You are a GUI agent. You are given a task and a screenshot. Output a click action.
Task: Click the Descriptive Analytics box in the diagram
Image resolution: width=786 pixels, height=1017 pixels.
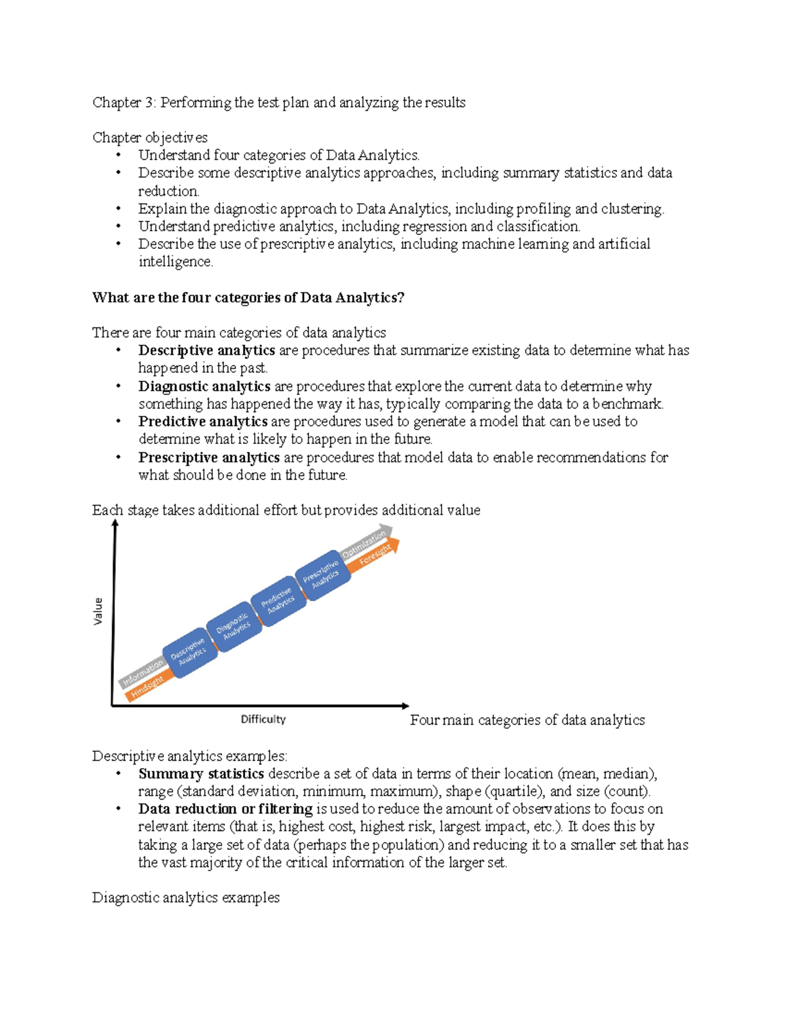[x=189, y=652]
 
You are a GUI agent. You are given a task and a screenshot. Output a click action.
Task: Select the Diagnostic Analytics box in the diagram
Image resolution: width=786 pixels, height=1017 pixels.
[x=233, y=626]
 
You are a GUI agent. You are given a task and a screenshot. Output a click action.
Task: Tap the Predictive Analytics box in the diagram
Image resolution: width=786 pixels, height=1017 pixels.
[x=278, y=601]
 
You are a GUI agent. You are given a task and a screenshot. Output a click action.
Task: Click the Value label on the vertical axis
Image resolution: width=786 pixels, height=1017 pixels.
[x=98, y=610]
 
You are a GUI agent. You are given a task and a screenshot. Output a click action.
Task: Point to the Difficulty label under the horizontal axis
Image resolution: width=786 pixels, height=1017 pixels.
[x=263, y=719]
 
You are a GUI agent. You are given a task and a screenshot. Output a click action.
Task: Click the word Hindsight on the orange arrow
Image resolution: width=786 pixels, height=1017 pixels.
[x=147, y=686]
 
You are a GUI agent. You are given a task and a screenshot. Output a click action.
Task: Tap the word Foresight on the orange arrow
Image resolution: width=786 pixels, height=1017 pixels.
[x=375, y=555]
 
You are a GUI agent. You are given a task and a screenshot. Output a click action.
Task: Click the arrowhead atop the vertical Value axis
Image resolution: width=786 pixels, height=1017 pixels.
[x=115, y=523]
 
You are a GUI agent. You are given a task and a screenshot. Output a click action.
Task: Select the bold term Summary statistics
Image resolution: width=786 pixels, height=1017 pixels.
[x=200, y=774]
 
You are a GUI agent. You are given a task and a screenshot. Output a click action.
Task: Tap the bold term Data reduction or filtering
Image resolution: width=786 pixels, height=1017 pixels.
[x=225, y=809]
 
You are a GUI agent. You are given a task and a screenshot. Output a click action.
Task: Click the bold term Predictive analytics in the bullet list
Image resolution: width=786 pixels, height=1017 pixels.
[x=202, y=422]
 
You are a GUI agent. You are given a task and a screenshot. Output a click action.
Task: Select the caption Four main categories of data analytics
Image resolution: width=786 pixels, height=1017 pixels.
[x=527, y=720]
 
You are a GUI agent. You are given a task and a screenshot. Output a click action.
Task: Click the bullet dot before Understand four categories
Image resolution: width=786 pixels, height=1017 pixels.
[x=119, y=155]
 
